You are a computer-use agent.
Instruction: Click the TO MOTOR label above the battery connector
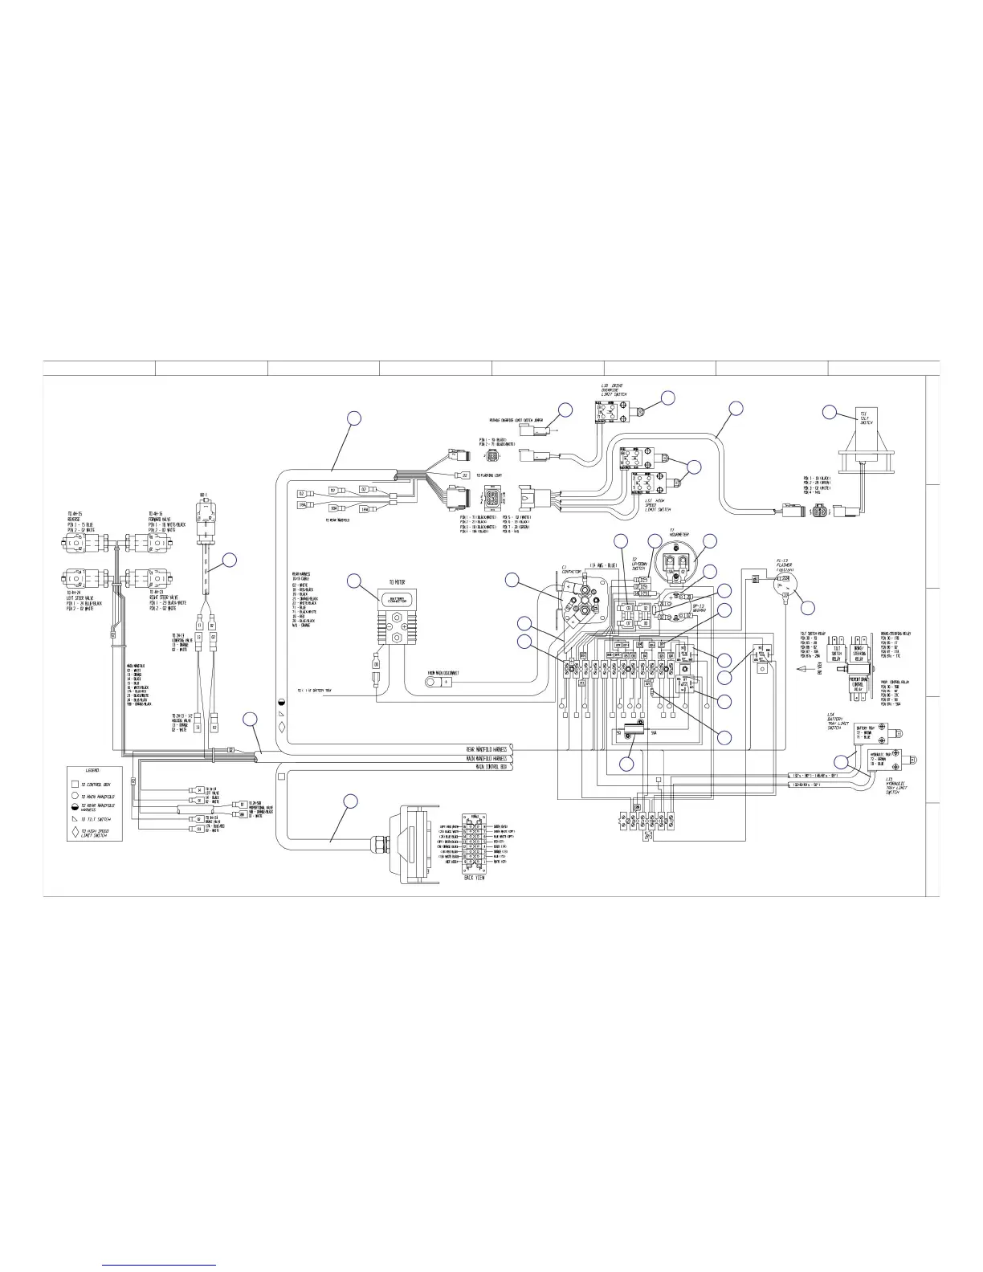tap(397, 580)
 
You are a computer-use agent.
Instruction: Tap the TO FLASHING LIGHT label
tap(489, 475)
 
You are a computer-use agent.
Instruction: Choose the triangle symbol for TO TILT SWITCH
tap(74, 817)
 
